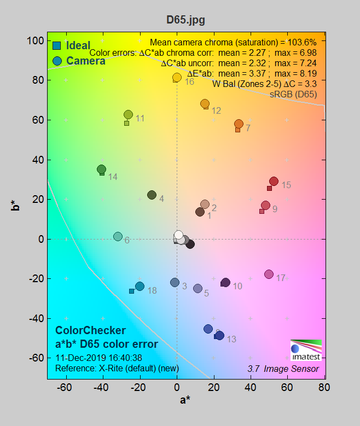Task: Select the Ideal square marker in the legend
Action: (x=57, y=46)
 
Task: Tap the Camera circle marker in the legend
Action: (x=57, y=61)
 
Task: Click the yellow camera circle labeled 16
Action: (x=177, y=78)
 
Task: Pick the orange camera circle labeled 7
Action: (x=239, y=124)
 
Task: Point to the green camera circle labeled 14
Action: (x=102, y=170)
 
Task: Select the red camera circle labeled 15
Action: (x=274, y=182)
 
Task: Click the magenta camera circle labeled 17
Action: (x=269, y=274)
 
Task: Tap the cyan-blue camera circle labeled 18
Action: (x=140, y=287)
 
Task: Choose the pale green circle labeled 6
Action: (x=118, y=237)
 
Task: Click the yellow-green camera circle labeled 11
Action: (x=128, y=114)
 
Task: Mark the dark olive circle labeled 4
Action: (x=152, y=195)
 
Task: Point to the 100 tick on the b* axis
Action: (x=37, y=41)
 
